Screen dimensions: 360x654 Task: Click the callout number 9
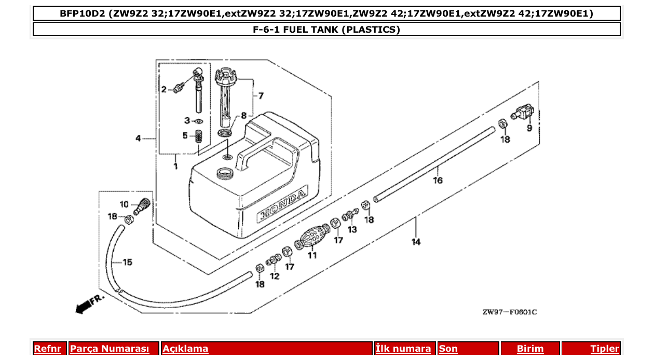tap(529, 128)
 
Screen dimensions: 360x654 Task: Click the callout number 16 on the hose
tap(438, 181)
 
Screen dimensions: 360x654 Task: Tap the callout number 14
tap(416, 242)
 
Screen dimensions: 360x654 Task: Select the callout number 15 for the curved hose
tap(127, 262)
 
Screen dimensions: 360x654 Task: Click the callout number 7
tap(261, 96)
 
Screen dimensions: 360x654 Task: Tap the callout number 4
tap(138, 139)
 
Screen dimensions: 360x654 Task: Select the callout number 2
tap(164, 90)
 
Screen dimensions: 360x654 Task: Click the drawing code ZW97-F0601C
tap(509, 312)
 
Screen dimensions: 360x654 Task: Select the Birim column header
tap(529, 349)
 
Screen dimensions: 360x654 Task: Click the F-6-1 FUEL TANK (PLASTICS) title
tap(326, 30)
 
